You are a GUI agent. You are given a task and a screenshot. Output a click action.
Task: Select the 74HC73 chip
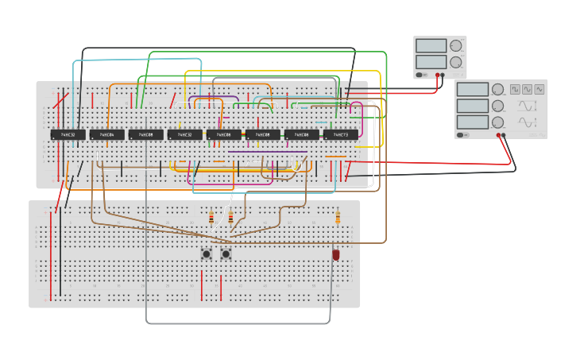[341, 134]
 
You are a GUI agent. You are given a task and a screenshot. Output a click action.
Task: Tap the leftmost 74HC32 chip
[68, 134]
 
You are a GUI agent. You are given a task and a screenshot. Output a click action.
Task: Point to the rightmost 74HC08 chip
[302, 134]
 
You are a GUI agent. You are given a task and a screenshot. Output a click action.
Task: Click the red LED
[336, 254]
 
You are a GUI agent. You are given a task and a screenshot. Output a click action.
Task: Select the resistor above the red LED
[338, 217]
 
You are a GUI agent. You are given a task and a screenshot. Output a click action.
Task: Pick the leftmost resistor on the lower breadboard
[211, 218]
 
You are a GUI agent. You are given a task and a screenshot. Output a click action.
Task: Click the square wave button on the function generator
[515, 89]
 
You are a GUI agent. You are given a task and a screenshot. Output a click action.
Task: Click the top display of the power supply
[431, 46]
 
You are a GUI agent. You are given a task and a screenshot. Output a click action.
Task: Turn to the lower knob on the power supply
[456, 62]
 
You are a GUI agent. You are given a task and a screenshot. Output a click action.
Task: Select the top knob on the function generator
[497, 90]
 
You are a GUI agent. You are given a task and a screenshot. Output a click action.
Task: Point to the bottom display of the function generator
[472, 122]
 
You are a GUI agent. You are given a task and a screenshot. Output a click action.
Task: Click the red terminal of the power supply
[437, 75]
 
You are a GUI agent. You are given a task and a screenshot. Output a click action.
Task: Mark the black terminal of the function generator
[504, 135]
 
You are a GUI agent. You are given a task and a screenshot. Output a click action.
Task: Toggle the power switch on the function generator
[462, 135]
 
